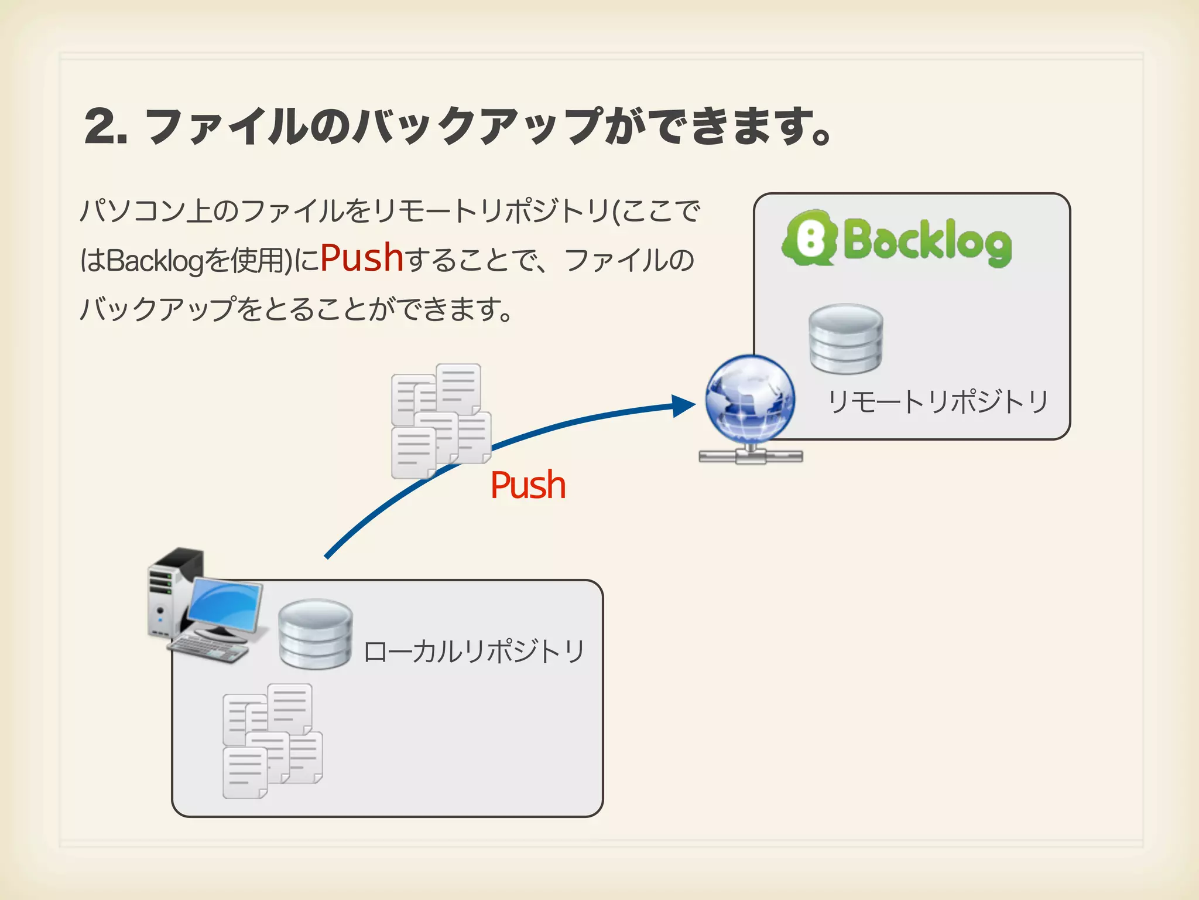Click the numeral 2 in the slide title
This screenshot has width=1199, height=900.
103,127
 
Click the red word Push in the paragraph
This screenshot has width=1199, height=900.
362,258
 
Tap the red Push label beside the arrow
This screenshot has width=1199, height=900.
528,486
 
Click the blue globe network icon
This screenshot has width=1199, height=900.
750,398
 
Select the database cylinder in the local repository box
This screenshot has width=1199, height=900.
316,634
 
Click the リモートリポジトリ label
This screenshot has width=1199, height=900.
937,402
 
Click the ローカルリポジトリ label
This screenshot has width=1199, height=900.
474,652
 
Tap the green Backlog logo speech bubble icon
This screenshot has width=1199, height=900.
809,238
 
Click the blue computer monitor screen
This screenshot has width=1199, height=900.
225,606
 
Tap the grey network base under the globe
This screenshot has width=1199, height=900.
751,455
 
